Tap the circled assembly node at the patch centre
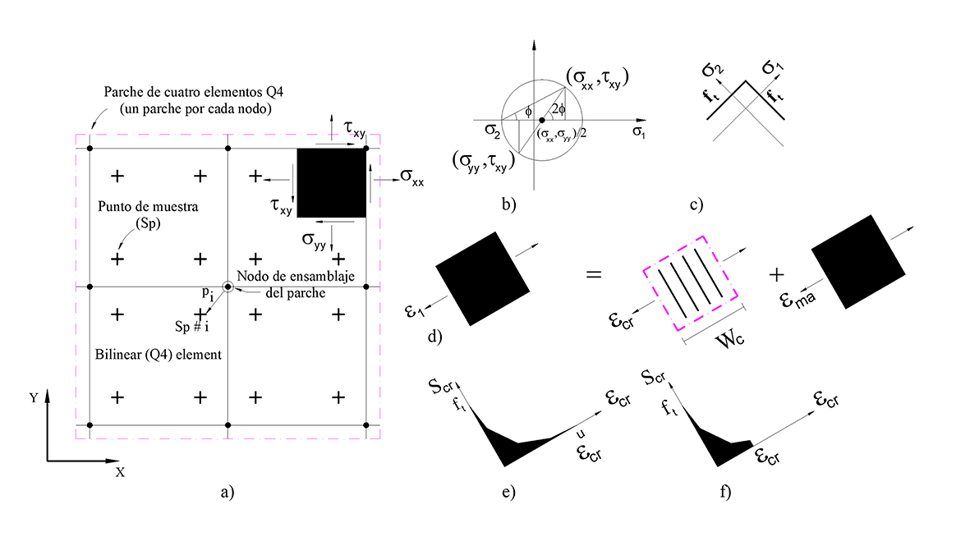228,286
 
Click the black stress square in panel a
331,182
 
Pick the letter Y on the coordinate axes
34,397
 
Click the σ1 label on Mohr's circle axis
639,134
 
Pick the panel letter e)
507,492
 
